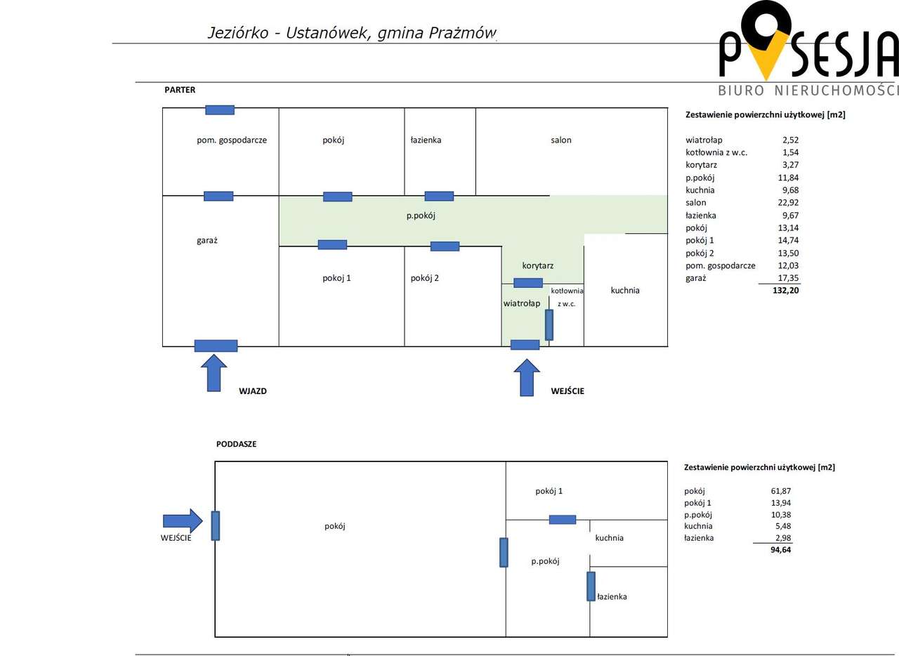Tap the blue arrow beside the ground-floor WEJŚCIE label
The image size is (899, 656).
[x=527, y=377]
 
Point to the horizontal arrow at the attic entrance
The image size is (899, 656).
[x=183, y=520]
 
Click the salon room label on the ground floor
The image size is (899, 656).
[x=560, y=140]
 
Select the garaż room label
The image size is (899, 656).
[x=206, y=240]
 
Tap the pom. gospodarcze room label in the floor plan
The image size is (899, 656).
[x=232, y=140]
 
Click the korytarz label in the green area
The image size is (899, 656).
[x=537, y=265]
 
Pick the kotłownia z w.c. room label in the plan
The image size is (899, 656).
[x=567, y=297]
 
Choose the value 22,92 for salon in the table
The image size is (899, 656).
[x=788, y=202]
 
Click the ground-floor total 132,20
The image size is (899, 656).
[x=785, y=290]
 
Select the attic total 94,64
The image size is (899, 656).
[x=780, y=550]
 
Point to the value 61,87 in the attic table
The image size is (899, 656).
[x=780, y=491]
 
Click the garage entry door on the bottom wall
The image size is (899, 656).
[x=216, y=346]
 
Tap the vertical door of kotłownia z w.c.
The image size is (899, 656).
[x=549, y=324]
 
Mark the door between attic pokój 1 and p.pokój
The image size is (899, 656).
[x=563, y=520]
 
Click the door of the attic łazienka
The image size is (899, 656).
[x=591, y=586]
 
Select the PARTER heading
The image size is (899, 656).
[x=180, y=90]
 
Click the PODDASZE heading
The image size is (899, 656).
[x=236, y=444]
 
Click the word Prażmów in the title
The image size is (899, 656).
[x=462, y=33]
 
